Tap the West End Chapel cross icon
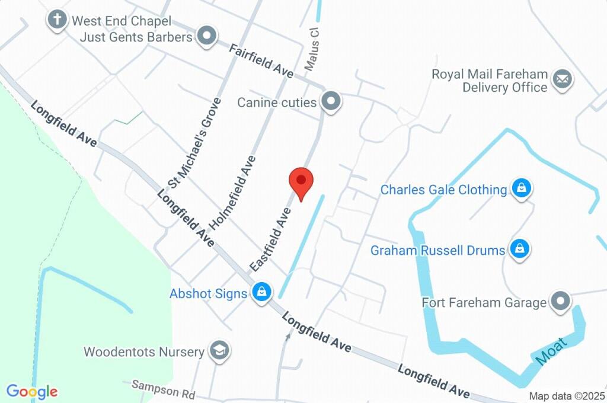pyautogui.click(x=57, y=20)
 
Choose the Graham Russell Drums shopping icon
pyautogui.click(x=519, y=250)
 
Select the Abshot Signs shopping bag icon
pyautogui.click(x=261, y=293)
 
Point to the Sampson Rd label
pyautogui.click(x=164, y=389)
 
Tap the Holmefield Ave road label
pyautogui.click(x=233, y=193)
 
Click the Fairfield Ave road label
pyautogui.click(x=261, y=60)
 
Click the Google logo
pyautogui.click(x=32, y=392)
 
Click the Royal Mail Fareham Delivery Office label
pyautogui.click(x=489, y=81)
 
